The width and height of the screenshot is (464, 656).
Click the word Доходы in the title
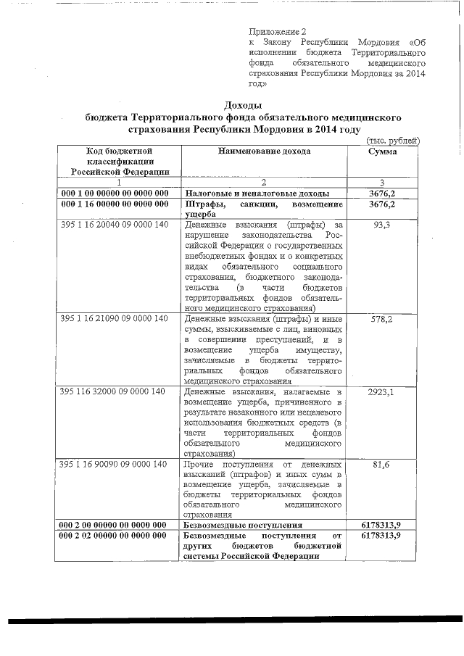[243, 105]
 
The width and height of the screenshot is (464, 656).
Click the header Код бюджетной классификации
[118, 161]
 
